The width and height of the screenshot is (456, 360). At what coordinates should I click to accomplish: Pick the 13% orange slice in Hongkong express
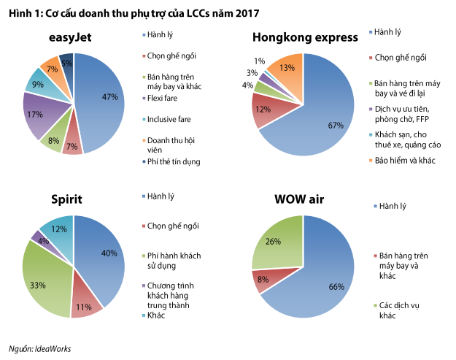(x=286, y=69)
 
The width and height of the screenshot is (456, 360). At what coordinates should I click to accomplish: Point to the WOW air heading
(x=304, y=199)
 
